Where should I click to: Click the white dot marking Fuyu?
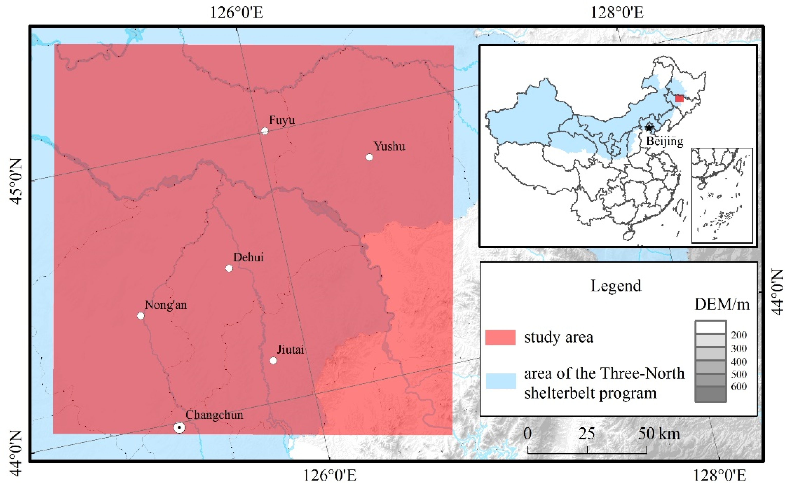[x=265, y=131]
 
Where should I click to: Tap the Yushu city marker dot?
[x=369, y=157]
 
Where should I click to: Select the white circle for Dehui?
[x=229, y=268]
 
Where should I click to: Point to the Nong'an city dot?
[x=141, y=316]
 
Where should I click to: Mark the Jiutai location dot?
[x=273, y=360]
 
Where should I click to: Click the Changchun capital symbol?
[x=179, y=428]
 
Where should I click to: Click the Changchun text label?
[x=214, y=415]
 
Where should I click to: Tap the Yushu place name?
[x=389, y=146]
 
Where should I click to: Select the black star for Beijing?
[x=649, y=127]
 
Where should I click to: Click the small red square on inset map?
[x=679, y=99]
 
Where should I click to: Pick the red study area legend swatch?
[x=500, y=337]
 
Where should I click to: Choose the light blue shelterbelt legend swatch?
[x=501, y=381]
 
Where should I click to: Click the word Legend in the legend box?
[x=616, y=286]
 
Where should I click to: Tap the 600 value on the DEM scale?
[x=739, y=387]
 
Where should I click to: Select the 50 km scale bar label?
[x=659, y=434]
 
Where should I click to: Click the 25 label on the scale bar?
[x=587, y=434]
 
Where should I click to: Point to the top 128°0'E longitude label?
[x=617, y=13]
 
